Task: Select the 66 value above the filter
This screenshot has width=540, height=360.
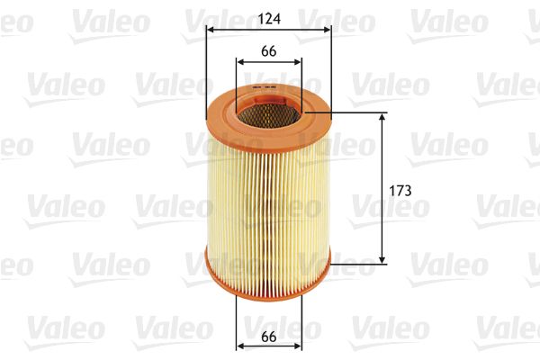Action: tap(268, 51)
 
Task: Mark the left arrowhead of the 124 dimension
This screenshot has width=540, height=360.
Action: tap(211, 29)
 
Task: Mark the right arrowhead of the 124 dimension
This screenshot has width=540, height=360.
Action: tap(328, 29)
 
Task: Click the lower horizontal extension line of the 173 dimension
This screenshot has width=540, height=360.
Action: tap(360, 265)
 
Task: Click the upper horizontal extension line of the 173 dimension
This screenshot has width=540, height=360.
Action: tap(360, 113)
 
